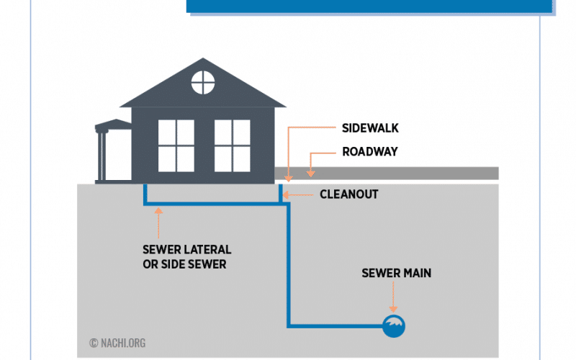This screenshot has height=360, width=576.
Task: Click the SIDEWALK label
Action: [x=370, y=128]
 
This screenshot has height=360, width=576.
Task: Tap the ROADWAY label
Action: [x=370, y=152]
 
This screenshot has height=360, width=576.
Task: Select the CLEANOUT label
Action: [x=349, y=194]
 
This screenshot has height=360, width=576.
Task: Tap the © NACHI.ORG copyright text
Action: [x=117, y=343]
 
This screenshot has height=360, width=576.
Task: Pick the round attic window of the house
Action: [x=203, y=83]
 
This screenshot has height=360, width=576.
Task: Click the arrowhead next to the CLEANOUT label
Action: [x=283, y=194]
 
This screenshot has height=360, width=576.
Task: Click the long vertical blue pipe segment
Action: [x=289, y=266]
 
